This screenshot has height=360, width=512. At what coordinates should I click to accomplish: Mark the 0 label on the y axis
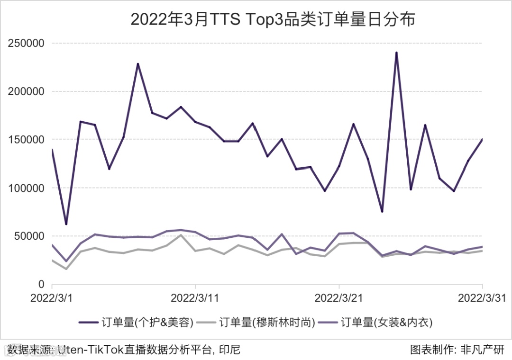coord(41,285)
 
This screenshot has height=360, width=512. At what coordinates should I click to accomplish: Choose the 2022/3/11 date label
coord(195,298)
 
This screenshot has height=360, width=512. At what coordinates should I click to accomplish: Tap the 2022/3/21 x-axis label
coord(338,298)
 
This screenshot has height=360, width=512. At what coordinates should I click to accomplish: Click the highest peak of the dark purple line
coord(396,53)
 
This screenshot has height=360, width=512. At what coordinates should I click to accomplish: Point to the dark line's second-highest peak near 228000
coord(138,63)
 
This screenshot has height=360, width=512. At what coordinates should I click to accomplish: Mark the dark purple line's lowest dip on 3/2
coord(66,224)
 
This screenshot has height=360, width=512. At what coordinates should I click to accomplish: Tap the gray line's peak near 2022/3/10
coord(181,235)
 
